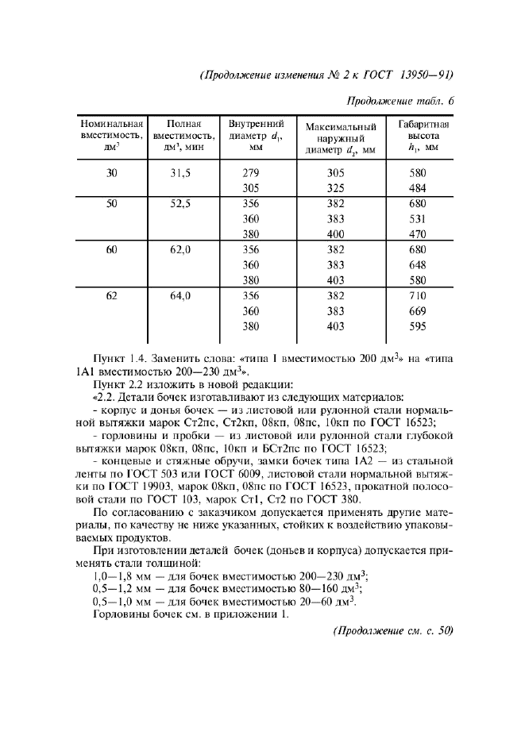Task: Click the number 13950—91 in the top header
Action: point(422,76)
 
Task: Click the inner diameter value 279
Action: point(251,173)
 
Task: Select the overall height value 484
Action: point(418,187)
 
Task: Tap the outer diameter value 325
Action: point(337,187)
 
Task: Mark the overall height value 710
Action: point(418,296)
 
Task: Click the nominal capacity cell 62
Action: point(111,296)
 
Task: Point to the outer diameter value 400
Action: point(337,234)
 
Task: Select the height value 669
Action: point(418,311)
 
